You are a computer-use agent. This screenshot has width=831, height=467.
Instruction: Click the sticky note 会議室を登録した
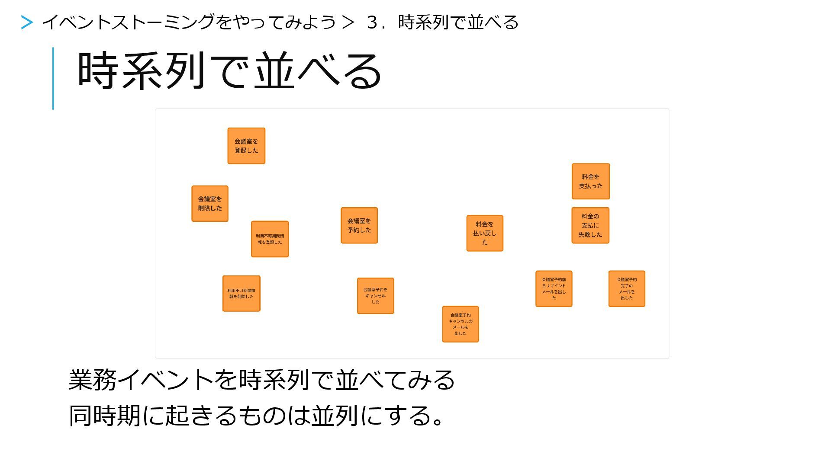(x=246, y=146)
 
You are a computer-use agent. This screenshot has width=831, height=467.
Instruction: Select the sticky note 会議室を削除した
(x=210, y=204)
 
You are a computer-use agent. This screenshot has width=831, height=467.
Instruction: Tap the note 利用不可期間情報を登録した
(x=270, y=239)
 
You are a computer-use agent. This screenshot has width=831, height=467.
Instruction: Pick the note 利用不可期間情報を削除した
(x=241, y=294)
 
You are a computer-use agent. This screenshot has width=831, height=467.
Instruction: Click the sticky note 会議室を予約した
(x=359, y=225)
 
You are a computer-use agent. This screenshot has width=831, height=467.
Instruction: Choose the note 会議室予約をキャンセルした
(x=375, y=296)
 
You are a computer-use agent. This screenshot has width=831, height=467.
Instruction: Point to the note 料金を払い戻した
(x=485, y=233)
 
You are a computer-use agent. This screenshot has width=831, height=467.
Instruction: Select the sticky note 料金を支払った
(x=591, y=181)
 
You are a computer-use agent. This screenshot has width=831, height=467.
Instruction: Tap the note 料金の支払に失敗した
(x=590, y=225)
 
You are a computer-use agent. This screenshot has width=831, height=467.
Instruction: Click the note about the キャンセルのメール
(x=461, y=324)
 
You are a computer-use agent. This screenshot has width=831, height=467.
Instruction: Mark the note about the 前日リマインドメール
(x=554, y=289)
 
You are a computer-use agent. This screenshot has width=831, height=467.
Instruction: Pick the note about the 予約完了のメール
(x=627, y=289)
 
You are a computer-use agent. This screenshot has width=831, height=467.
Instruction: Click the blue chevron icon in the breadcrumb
(x=27, y=22)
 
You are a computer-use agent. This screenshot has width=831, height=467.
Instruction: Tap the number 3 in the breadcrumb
(x=372, y=22)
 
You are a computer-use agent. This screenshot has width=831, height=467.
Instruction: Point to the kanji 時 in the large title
(x=98, y=70)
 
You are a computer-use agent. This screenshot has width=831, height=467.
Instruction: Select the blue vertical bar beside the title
(x=53, y=78)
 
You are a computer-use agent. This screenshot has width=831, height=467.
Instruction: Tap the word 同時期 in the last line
(x=104, y=416)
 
